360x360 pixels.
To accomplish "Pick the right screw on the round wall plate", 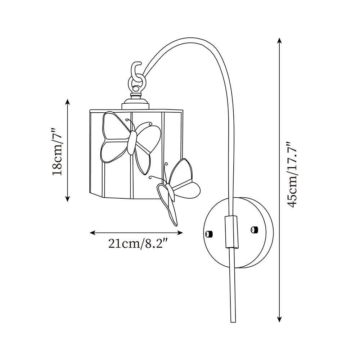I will pyautogui.click(x=254, y=229).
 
